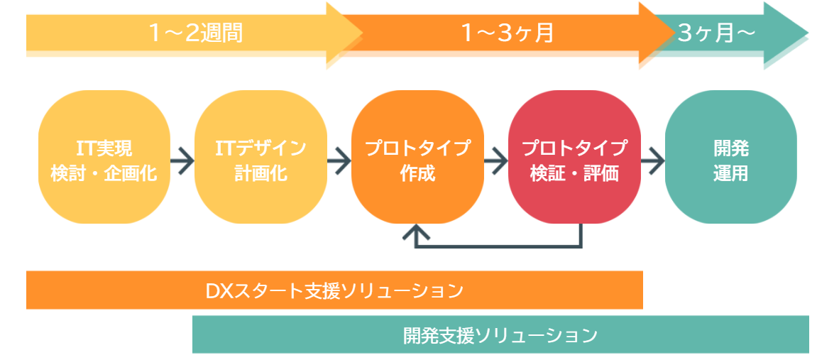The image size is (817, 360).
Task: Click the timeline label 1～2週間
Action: (196, 33)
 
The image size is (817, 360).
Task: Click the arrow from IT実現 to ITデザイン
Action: (182, 160)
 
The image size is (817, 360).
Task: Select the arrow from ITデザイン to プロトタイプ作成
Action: (339, 160)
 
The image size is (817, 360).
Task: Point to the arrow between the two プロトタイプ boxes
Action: (496, 160)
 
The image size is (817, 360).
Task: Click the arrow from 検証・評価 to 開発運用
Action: (653, 160)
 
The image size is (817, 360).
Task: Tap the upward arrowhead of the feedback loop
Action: (417, 234)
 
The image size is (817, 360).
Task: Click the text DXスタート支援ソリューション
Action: (334, 291)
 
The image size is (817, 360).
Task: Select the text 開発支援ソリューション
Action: (500, 334)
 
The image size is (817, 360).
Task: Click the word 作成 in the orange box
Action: (417, 173)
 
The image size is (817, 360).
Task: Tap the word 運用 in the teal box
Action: (731, 173)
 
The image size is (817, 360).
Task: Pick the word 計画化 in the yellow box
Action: (261, 173)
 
